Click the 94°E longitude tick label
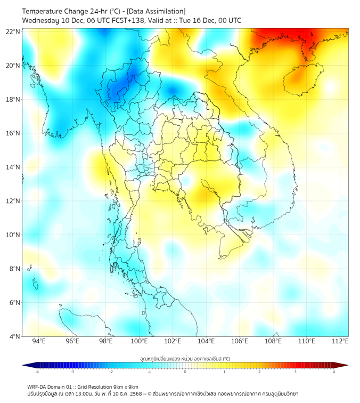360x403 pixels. click(39, 341)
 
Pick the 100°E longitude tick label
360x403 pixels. click(140, 341)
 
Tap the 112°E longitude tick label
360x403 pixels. click(340, 341)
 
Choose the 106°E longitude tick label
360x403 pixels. click(240, 341)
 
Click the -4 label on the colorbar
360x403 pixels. click(36, 372)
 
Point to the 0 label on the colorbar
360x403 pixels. click(185, 372)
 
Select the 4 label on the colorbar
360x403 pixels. click(334, 372)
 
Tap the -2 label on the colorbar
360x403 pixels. click(110, 372)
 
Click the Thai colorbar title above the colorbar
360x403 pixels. click(185, 359)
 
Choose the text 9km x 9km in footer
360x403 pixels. click(126, 387)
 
